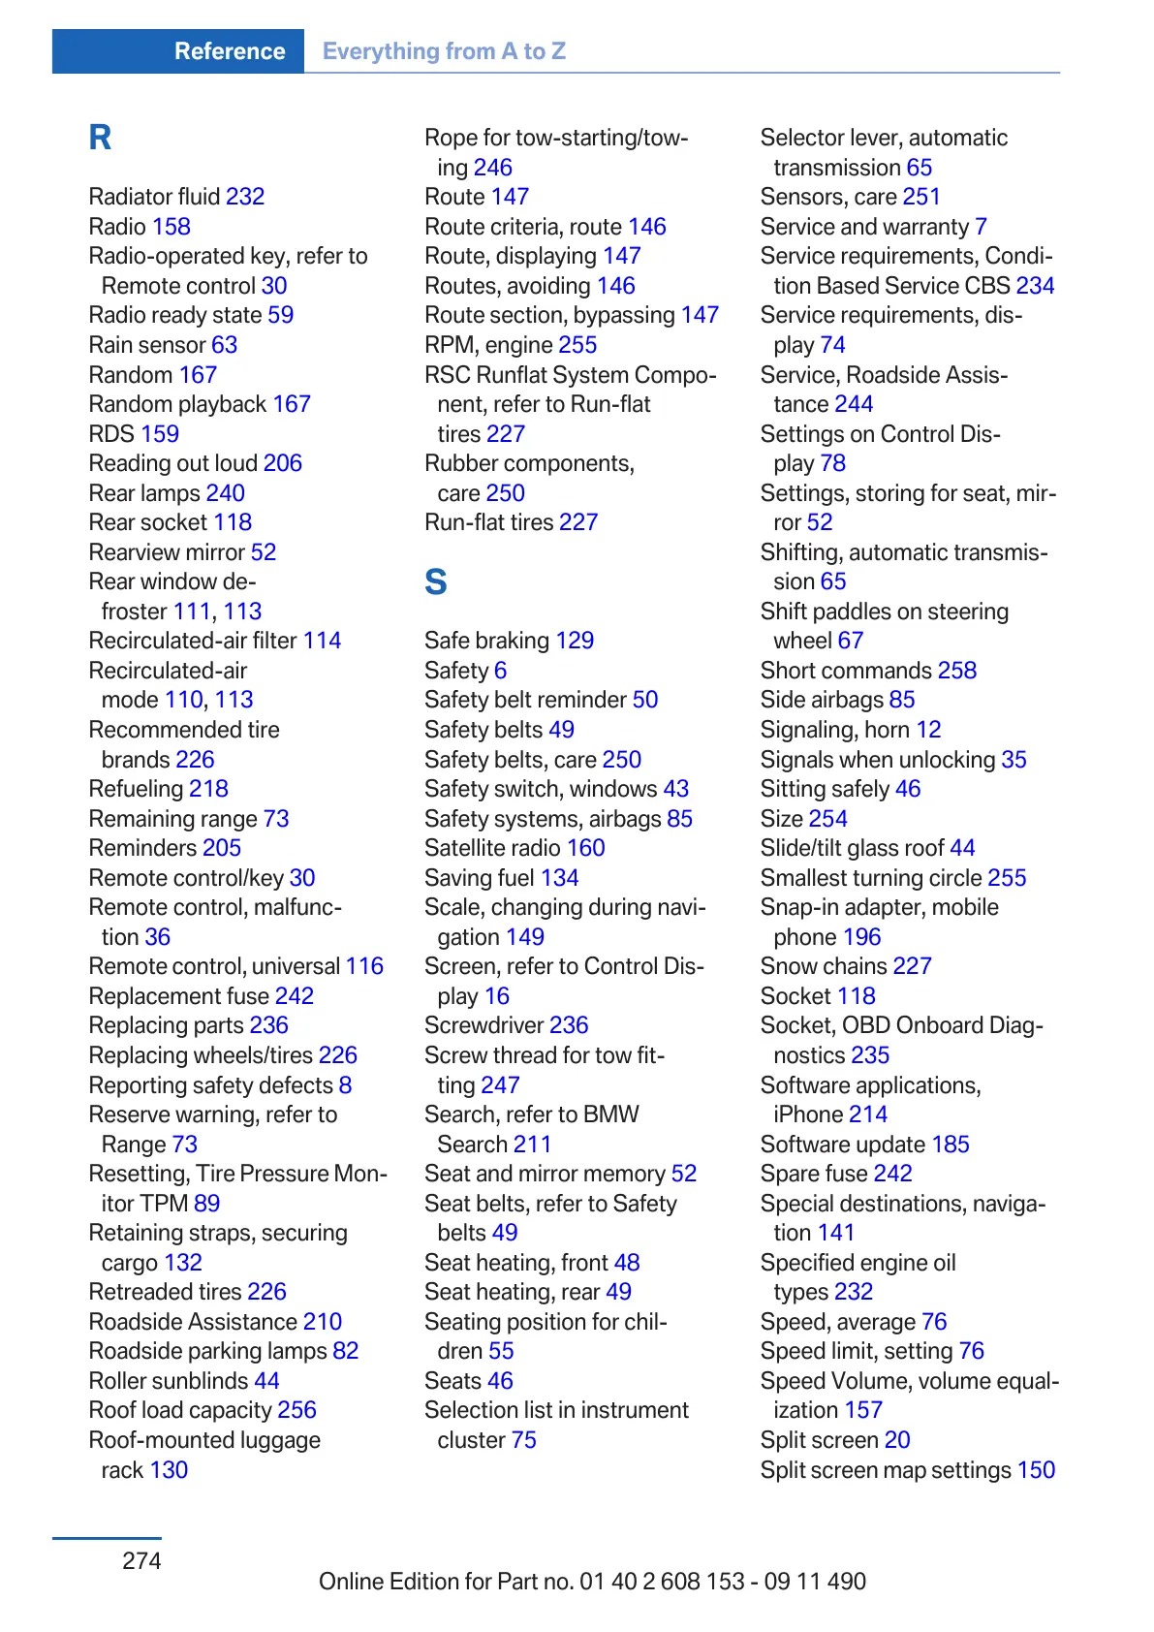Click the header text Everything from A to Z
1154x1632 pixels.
444,51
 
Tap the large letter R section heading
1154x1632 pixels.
100,138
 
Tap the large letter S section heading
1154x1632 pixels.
436,582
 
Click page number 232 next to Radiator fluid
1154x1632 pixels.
245,197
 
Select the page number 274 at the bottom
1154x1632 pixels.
141,1560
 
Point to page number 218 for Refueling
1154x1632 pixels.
208,789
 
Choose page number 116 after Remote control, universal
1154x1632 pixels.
364,966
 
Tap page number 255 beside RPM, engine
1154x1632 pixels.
577,345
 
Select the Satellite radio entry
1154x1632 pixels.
493,848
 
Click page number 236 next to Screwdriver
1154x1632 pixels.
569,1025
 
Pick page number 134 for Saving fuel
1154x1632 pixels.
559,878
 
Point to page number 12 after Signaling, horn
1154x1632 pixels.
928,730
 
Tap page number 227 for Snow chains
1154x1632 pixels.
912,966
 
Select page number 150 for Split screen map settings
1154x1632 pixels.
1036,1470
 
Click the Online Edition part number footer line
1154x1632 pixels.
592,1582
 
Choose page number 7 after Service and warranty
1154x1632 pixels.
981,227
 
